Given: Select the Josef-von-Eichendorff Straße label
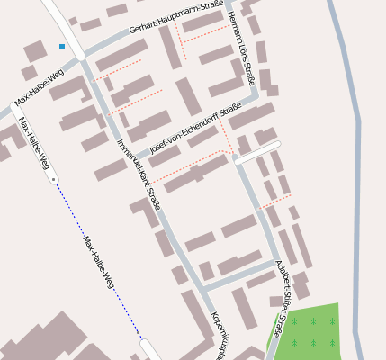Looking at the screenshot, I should point(195,130).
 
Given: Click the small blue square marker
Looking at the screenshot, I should point(62,46).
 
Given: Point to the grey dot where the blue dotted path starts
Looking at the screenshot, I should point(54,180).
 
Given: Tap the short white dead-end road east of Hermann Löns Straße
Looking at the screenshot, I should point(259,150).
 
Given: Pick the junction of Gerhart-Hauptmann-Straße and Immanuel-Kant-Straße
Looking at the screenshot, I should point(82,56).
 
